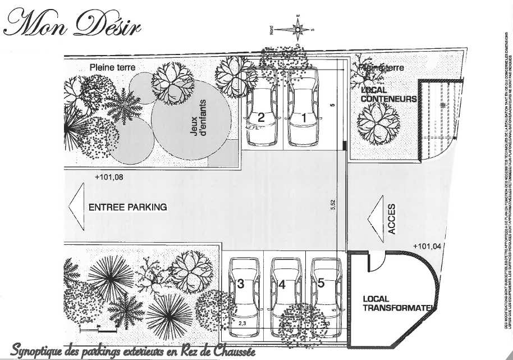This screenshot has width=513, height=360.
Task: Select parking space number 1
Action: pyautogui.click(x=304, y=118)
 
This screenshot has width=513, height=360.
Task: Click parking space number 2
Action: pyautogui.click(x=261, y=118)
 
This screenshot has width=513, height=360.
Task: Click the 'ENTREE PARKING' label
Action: pyautogui.click(x=128, y=207)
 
